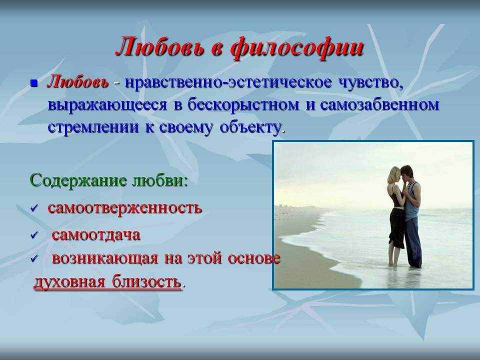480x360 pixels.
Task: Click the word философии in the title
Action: click(x=296, y=48)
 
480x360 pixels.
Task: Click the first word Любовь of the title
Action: click(x=160, y=47)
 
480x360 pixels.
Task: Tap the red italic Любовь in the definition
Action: click(x=78, y=82)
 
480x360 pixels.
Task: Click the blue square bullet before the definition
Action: click(x=34, y=83)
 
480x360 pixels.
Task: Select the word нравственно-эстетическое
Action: click(x=228, y=83)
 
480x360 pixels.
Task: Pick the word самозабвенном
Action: click(x=379, y=105)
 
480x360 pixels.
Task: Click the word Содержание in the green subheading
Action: click(x=78, y=180)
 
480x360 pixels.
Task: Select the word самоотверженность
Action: click(x=125, y=208)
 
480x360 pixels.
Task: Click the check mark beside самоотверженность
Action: click(x=34, y=208)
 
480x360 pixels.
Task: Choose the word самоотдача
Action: click(x=96, y=235)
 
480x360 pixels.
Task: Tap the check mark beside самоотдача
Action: click(x=34, y=235)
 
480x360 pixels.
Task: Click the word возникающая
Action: click(x=105, y=258)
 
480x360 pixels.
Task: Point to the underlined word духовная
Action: click(x=69, y=281)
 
